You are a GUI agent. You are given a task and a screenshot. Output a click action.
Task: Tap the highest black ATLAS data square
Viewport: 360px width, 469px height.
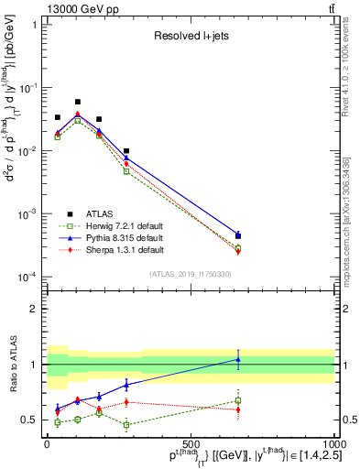78,102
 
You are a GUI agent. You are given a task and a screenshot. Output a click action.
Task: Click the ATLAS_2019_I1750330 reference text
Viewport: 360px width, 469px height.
189,274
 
